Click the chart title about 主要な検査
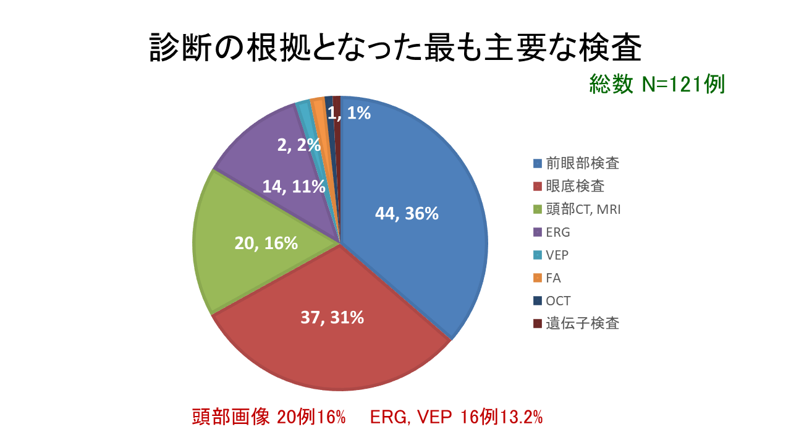tap(395, 48)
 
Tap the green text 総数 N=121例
tap(657, 84)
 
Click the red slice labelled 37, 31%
tap(334, 334)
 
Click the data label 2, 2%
tap(299, 145)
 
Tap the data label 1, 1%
tap(349, 113)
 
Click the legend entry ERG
tap(557, 232)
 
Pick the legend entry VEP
tap(557, 255)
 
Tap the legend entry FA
tap(553, 278)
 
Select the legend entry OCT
tap(558, 301)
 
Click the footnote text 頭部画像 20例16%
tap(269, 417)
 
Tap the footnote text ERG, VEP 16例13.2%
tap(457, 417)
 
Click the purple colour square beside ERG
tap(538, 232)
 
